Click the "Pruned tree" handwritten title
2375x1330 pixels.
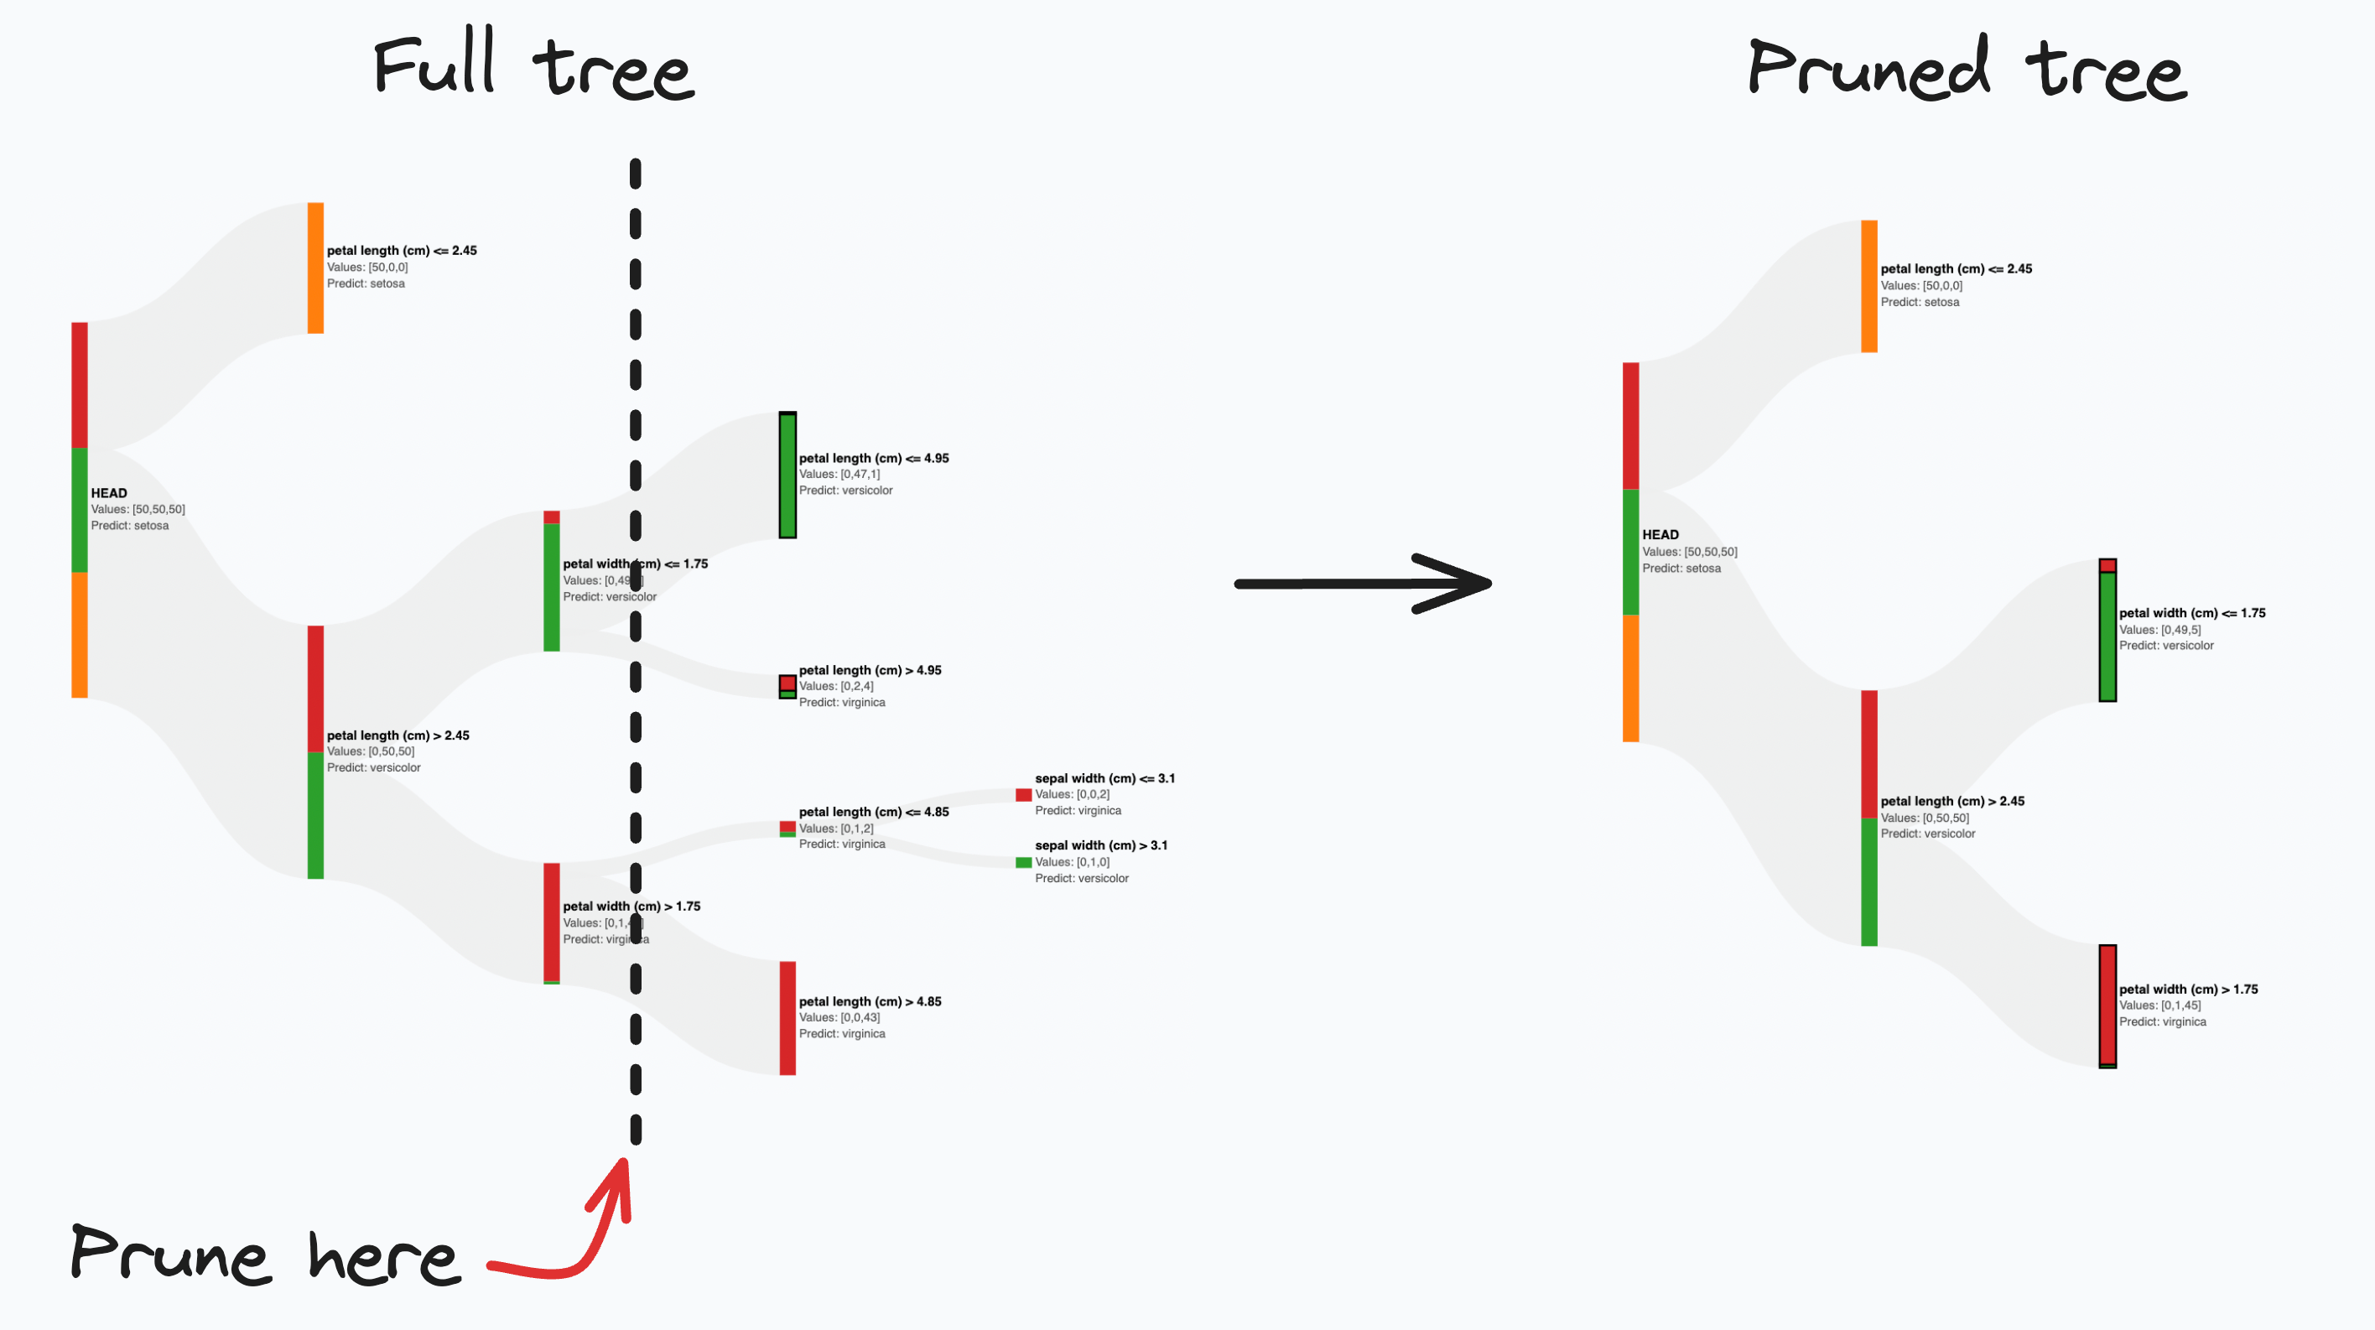[1966, 68]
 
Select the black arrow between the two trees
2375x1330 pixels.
[1363, 583]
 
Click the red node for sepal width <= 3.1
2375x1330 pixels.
[1023, 794]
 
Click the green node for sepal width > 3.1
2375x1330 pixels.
[1023, 863]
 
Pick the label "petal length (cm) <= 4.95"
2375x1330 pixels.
[873, 458]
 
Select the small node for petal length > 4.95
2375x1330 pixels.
[787, 687]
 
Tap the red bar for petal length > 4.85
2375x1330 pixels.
[787, 1019]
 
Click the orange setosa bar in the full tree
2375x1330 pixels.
[315, 268]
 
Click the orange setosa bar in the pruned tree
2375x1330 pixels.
[1868, 286]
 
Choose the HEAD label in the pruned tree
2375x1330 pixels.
[1660, 534]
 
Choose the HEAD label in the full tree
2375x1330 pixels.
[109, 493]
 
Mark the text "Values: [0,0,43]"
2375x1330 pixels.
[839, 1017]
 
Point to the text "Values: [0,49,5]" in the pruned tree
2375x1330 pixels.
[2159, 630]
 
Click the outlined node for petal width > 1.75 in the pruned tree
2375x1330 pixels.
[2107, 1005]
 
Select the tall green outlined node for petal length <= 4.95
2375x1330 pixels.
[787, 475]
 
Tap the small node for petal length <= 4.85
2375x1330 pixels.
[787, 829]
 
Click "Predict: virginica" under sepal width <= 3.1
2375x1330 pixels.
[1078, 810]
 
